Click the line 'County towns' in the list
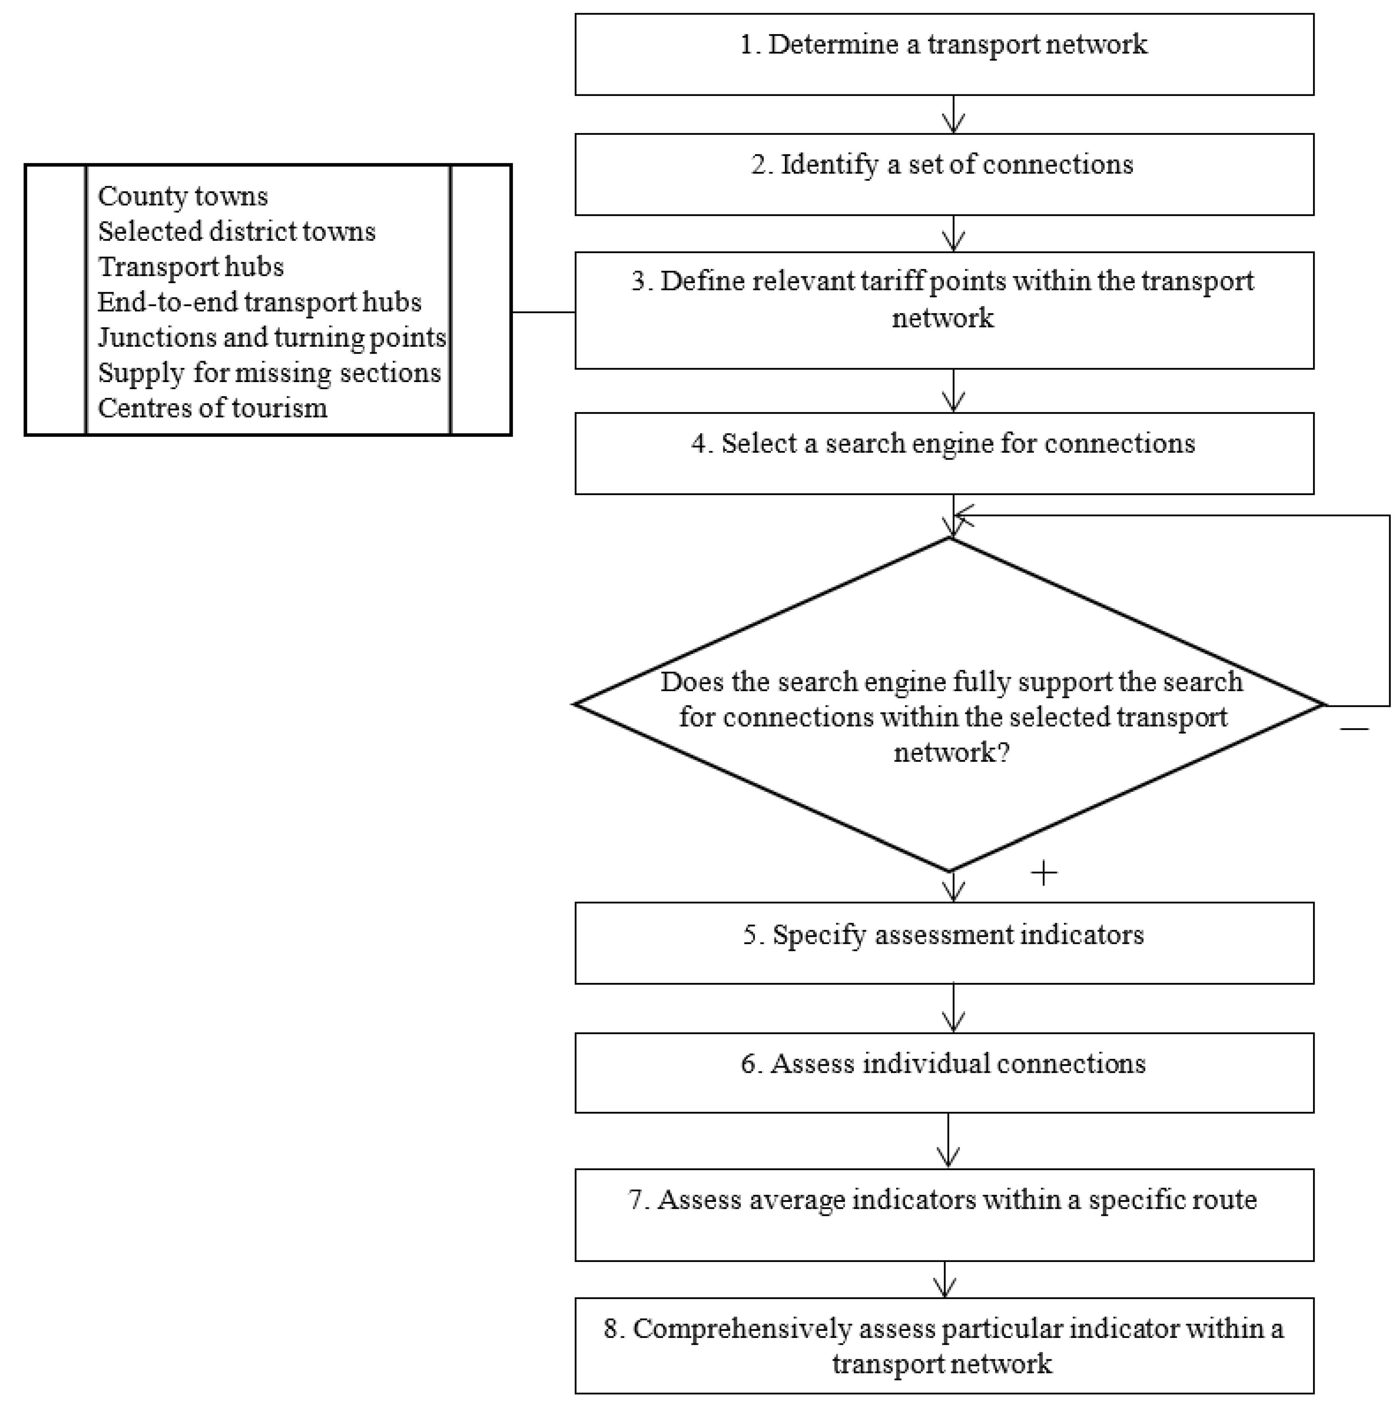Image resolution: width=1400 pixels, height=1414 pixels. click(x=183, y=196)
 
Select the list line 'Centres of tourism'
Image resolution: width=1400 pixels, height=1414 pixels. click(x=212, y=408)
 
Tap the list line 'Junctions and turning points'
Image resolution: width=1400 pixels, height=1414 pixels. click(x=272, y=337)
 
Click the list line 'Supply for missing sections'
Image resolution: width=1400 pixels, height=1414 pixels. click(x=269, y=373)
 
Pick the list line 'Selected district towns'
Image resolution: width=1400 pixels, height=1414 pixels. click(x=236, y=231)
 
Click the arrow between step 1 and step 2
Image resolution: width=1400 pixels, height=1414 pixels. click(x=953, y=115)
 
